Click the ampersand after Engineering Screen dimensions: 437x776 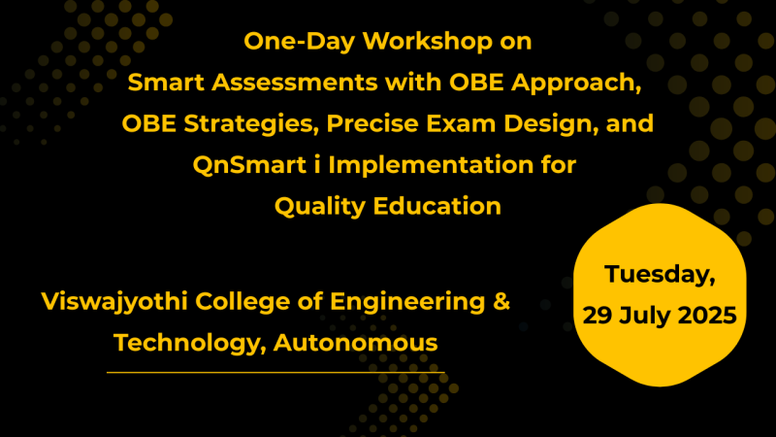(501, 302)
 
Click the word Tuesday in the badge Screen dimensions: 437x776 (661, 275)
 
